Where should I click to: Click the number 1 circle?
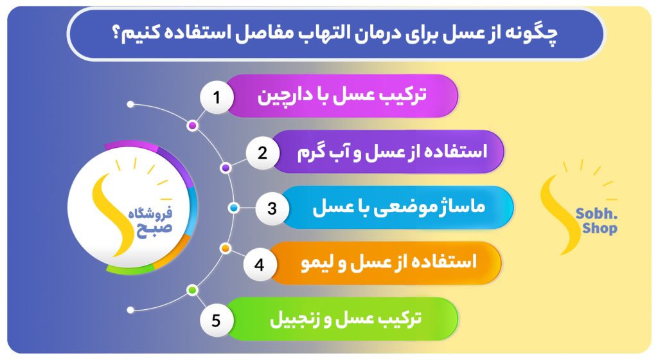(x=217, y=97)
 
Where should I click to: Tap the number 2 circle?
(x=262, y=153)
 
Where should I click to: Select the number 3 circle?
(x=272, y=208)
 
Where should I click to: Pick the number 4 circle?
(x=260, y=264)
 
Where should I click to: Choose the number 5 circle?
(x=216, y=321)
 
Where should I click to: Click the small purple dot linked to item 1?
(x=193, y=125)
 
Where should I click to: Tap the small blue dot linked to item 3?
(x=234, y=208)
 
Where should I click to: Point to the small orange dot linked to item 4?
(x=226, y=248)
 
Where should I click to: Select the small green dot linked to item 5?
(x=192, y=290)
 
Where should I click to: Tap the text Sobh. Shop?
(x=596, y=221)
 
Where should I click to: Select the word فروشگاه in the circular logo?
(x=150, y=213)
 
